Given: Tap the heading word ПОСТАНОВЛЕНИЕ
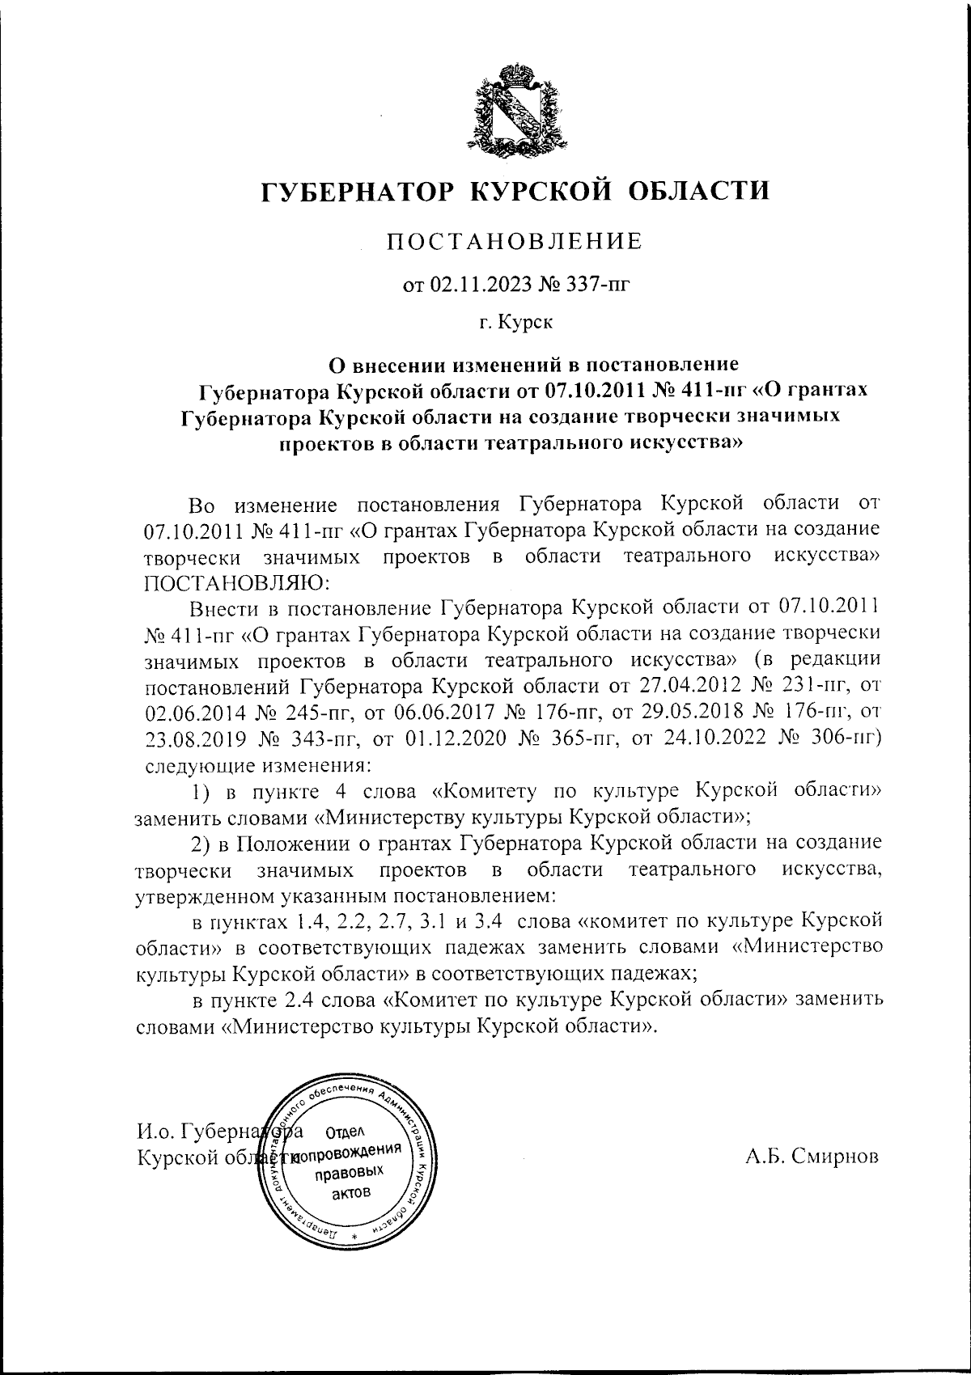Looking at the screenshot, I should [x=514, y=241].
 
